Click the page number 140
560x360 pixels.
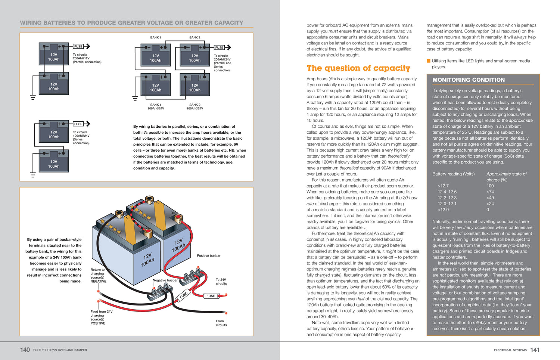coord(25,350)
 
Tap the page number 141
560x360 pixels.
coord(535,350)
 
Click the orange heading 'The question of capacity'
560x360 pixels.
coord(358,68)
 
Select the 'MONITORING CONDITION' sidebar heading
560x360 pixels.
coord(468,80)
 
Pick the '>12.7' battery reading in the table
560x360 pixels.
coord(443,186)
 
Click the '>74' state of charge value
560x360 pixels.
coord(490,192)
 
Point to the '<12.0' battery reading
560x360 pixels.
coord(443,210)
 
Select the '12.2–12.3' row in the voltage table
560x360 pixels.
coord(447,198)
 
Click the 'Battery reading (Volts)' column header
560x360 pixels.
coord(453,174)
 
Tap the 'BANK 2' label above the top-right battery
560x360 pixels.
coord(195,38)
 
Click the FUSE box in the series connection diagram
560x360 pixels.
coord(78,124)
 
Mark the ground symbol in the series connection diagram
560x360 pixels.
coord(33,175)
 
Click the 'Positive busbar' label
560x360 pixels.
coord(208,256)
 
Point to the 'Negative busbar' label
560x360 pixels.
coord(165,280)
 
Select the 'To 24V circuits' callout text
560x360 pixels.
coord(221,282)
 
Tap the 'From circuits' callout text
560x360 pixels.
coord(221,323)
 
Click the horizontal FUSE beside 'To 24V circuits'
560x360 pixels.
coord(211,296)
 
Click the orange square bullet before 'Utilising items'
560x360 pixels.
coord(429,61)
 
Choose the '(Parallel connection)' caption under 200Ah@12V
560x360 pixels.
coord(87,62)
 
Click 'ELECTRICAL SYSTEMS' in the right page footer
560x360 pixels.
coord(510,350)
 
